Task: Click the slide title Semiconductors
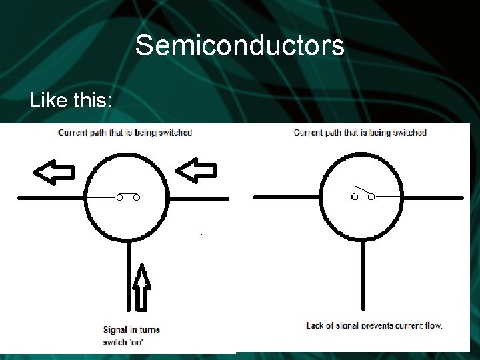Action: point(239,46)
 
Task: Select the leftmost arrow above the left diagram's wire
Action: point(54,173)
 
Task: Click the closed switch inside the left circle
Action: point(128,198)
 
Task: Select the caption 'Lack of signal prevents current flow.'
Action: point(374,326)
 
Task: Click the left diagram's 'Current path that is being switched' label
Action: point(125,133)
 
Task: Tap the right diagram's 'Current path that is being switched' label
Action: point(360,133)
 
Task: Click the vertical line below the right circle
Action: point(363,273)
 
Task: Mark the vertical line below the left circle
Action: point(128,273)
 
